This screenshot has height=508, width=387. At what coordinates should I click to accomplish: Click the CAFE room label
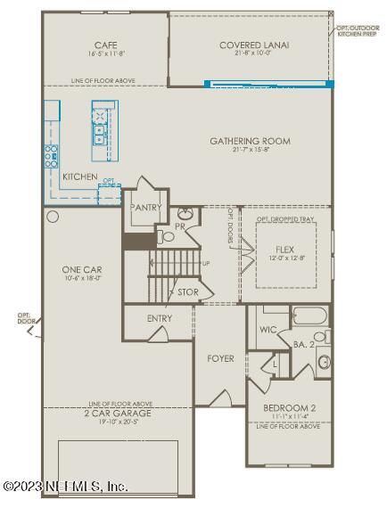coord(107,45)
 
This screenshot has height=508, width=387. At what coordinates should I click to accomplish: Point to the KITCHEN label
coord(80,177)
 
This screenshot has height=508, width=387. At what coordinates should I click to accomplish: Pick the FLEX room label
coord(284,248)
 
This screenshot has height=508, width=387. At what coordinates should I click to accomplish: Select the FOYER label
coord(220,358)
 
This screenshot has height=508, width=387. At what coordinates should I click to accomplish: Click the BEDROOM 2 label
coord(288,409)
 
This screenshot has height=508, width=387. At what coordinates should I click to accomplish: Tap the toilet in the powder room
coord(167,236)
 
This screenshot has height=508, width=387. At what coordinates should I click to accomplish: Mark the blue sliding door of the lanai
coord(268,85)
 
